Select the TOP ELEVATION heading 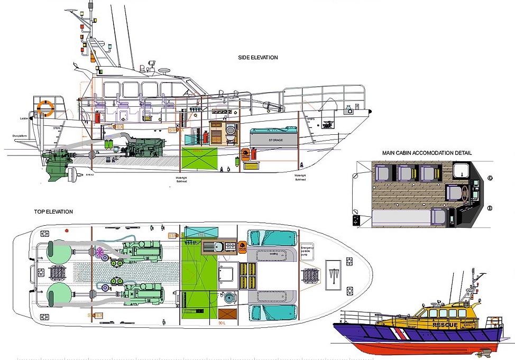[53, 211]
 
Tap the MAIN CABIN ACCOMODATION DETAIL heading [427, 153]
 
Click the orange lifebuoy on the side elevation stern [45, 109]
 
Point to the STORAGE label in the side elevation [275, 140]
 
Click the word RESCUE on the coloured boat [445, 325]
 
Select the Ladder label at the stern [24, 118]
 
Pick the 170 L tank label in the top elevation [200, 234]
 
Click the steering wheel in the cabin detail [461, 193]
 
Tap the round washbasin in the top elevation [229, 298]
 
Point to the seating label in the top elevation [273, 253]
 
